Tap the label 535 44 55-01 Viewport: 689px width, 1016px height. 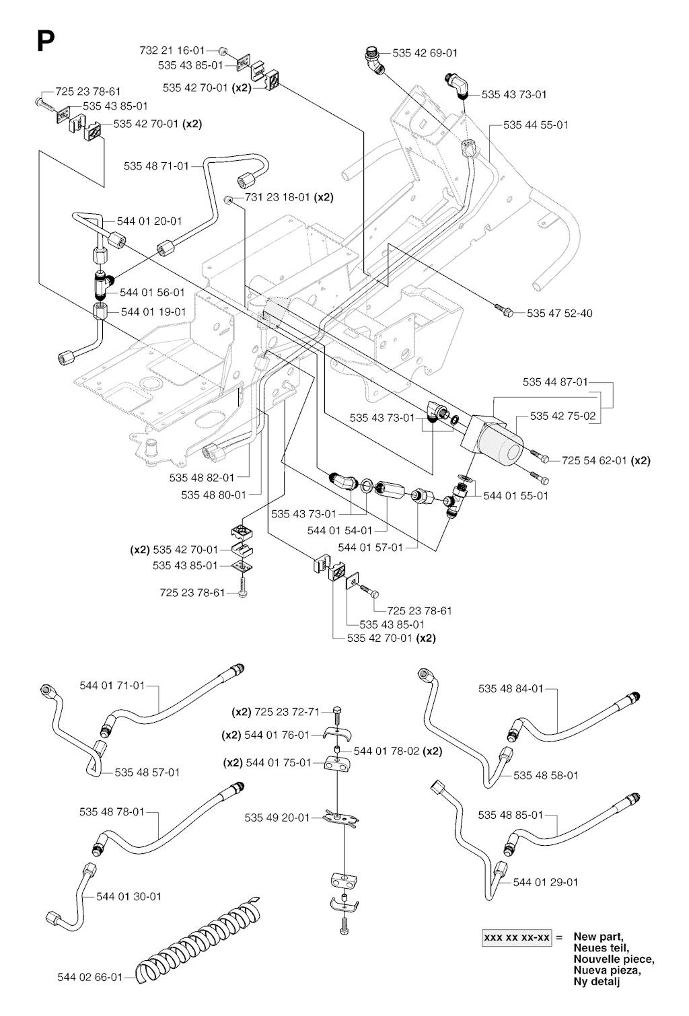(x=536, y=124)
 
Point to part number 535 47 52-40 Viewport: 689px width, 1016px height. (x=560, y=313)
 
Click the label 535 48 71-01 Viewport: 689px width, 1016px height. (x=157, y=166)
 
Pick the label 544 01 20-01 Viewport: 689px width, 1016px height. (x=149, y=221)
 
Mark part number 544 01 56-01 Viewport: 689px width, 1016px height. (x=152, y=292)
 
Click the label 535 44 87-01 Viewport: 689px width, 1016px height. (x=555, y=382)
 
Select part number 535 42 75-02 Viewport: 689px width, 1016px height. (x=563, y=416)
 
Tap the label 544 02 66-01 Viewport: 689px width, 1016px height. (x=90, y=977)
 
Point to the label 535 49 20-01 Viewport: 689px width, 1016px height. (x=277, y=818)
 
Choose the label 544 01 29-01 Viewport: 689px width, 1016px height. (x=546, y=881)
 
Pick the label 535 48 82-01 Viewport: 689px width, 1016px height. (x=202, y=477)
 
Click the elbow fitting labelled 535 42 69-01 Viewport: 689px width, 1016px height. (x=374, y=61)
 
